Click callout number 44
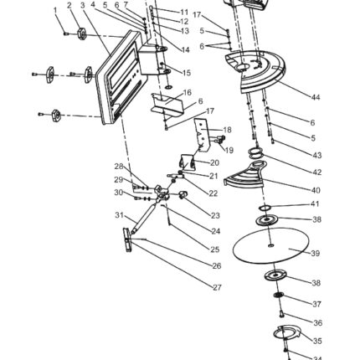coord(316,97)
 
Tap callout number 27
coord(217,287)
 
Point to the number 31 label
coord(119,215)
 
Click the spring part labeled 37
coord(279,295)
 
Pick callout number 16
coord(188,92)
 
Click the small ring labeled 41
coord(265,208)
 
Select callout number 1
coord(55,10)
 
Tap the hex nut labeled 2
coord(81,33)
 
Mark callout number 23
coord(215,215)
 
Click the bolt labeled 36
coord(281,314)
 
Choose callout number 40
coord(316,190)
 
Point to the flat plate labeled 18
coord(203,135)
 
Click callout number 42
coord(317,172)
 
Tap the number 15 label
coord(187,73)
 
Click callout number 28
coord(119,167)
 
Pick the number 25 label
coord(215,249)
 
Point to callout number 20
coord(214,162)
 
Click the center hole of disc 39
coord(270,245)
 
